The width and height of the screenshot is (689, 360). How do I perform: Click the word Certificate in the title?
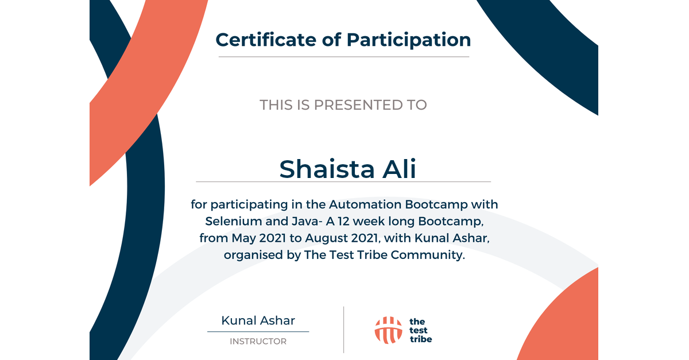(x=266, y=40)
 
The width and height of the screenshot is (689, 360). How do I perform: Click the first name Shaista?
(x=327, y=169)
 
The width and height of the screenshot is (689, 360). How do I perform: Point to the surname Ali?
(x=399, y=169)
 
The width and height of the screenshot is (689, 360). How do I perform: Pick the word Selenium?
(x=234, y=221)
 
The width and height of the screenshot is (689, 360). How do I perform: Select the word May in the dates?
(x=243, y=238)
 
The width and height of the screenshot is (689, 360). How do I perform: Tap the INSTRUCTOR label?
(x=258, y=341)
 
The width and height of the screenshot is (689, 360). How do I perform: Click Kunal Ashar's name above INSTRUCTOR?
(x=258, y=320)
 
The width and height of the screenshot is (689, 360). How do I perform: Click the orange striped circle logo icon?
(x=389, y=330)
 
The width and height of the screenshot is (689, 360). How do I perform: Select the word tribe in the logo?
(x=421, y=339)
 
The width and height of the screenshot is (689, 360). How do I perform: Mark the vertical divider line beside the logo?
(x=343, y=330)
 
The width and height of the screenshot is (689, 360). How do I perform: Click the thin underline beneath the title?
(x=344, y=57)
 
